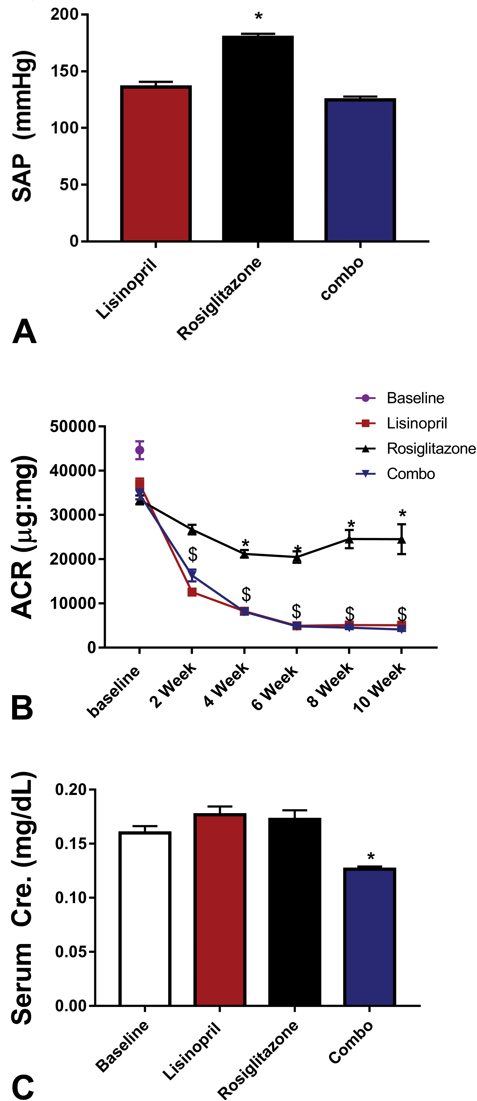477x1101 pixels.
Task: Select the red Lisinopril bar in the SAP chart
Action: point(156,164)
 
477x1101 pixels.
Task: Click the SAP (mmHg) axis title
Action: point(22,126)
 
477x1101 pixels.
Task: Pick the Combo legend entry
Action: point(395,474)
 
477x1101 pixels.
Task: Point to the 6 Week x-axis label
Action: point(274,688)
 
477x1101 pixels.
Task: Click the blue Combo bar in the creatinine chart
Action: point(370,937)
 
